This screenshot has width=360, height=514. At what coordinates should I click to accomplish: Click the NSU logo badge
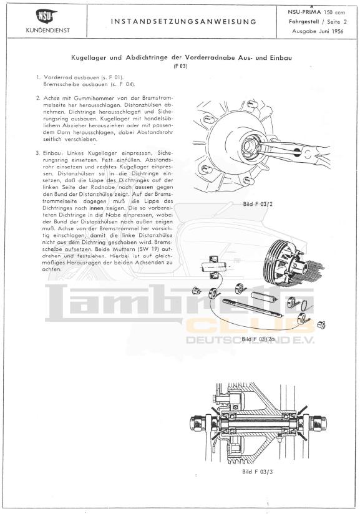[x=46, y=17]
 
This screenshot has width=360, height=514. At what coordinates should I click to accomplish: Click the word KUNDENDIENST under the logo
[x=48, y=31]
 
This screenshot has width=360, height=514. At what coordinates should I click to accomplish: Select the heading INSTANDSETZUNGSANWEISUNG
[x=183, y=22]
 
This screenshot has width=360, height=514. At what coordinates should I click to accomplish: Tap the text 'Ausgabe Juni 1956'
[x=318, y=31]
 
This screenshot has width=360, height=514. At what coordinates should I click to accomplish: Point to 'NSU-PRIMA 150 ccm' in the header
[x=316, y=12]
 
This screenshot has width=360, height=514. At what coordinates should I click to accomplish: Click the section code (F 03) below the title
[x=180, y=66]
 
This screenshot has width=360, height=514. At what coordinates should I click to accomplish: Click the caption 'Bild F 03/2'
[x=258, y=204]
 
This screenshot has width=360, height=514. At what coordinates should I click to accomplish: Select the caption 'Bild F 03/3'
[x=258, y=472]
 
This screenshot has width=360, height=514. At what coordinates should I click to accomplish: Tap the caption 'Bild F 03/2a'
[x=258, y=339]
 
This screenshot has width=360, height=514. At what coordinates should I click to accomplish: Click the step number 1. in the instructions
[x=38, y=78]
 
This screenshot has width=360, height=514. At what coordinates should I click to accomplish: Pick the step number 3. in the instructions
[x=38, y=153]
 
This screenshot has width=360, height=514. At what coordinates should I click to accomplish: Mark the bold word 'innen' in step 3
[x=96, y=208]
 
